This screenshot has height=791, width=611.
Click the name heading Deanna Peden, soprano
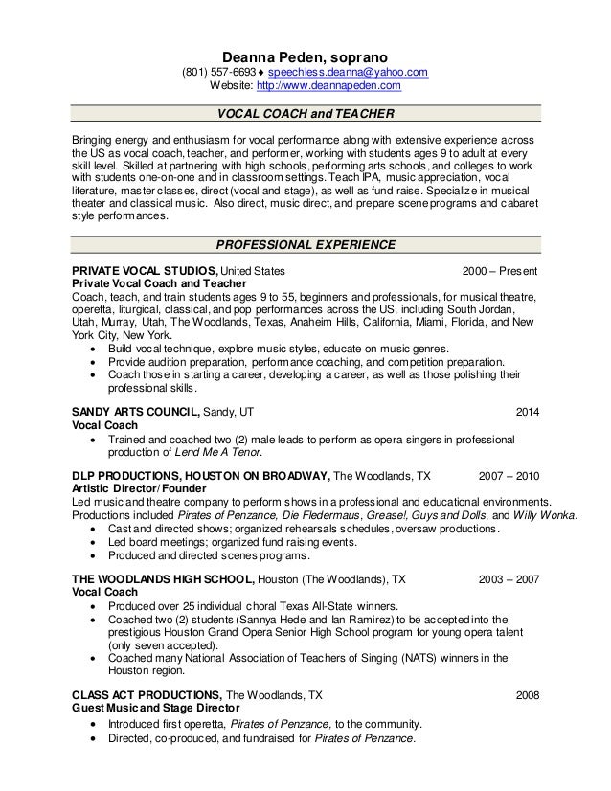pyautogui.click(x=305, y=56)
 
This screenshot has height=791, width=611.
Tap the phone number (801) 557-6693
pyautogui.click(x=219, y=73)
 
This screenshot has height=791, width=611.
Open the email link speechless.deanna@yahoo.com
pyautogui.click(x=348, y=73)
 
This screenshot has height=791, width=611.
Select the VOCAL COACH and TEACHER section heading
pyautogui.click(x=305, y=115)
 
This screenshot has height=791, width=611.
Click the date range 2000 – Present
pyautogui.click(x=500, y=271)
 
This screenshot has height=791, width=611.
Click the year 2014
pyautogui.click(x=528, y=412)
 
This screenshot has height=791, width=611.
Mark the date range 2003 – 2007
pyautogui.click(x=509, y=579)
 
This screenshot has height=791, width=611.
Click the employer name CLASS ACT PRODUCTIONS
pyautogui.click(x=147, y=695)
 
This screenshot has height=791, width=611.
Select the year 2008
pyautogui.click(x=528, y=695)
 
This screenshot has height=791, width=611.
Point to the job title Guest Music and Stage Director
pyautogui.click(x=151, y=708)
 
